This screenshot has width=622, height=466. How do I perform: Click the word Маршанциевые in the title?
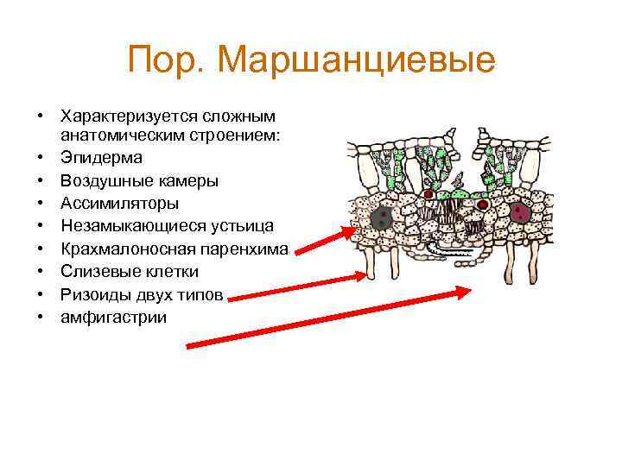click(358, 61)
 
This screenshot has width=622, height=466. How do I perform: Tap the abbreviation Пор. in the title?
click(167, 61)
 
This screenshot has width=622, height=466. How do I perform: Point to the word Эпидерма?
click(101, 158)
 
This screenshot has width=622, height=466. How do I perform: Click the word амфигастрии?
click(113, 318)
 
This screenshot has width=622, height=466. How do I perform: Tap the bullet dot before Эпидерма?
click(40, 158)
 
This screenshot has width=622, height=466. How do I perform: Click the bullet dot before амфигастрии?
click(40, 318)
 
